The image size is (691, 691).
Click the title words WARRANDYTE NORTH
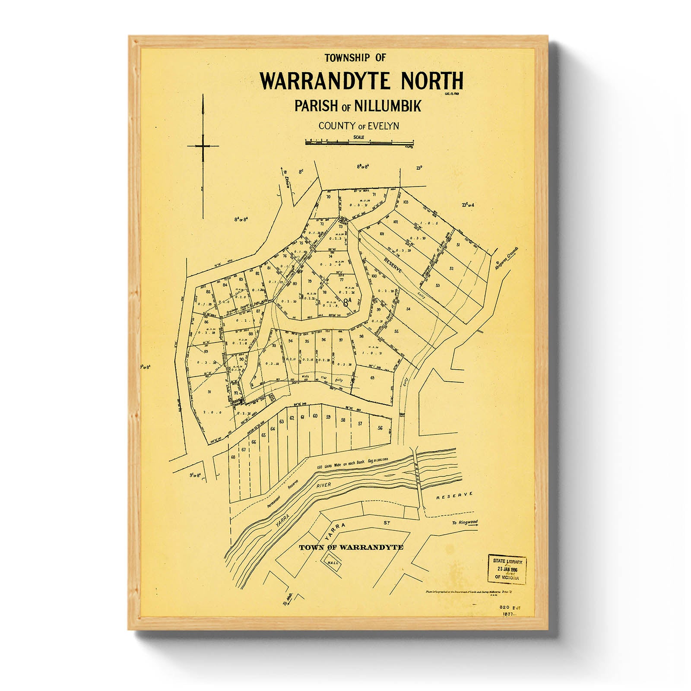361,81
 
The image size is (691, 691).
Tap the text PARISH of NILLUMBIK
358,106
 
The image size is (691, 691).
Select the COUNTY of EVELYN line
358,126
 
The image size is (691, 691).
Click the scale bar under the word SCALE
359,142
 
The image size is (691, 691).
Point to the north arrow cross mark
203,146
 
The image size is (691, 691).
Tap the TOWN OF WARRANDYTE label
351,548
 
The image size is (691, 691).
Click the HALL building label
333,563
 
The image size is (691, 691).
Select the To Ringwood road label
465,523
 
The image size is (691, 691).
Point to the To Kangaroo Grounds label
506,258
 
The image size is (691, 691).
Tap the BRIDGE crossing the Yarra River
418,473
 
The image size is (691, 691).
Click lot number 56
380,428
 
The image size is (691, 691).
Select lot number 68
234,457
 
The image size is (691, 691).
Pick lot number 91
209,392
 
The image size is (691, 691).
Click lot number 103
405,202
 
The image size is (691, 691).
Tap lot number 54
408,309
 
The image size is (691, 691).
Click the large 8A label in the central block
347,302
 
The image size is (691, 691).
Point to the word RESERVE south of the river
454,496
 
